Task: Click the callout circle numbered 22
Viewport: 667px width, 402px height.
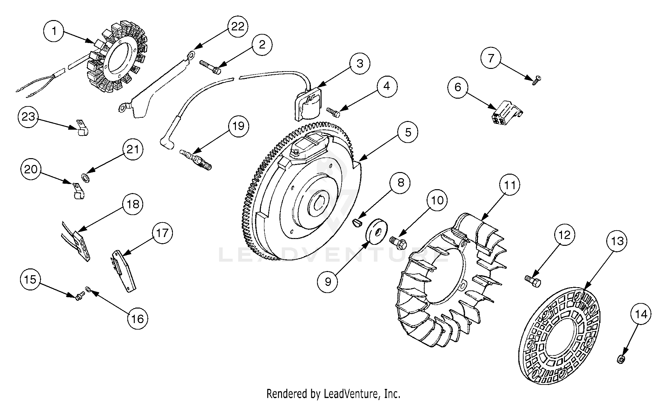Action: tap(238, 27)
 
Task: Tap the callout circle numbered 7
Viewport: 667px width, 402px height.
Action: tap(491, 58)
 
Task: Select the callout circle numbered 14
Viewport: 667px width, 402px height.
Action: tap(641, 314)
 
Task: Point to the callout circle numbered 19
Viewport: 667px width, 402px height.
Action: tap(238, 125)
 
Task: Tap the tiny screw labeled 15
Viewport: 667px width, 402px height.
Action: tap(79, 295)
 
